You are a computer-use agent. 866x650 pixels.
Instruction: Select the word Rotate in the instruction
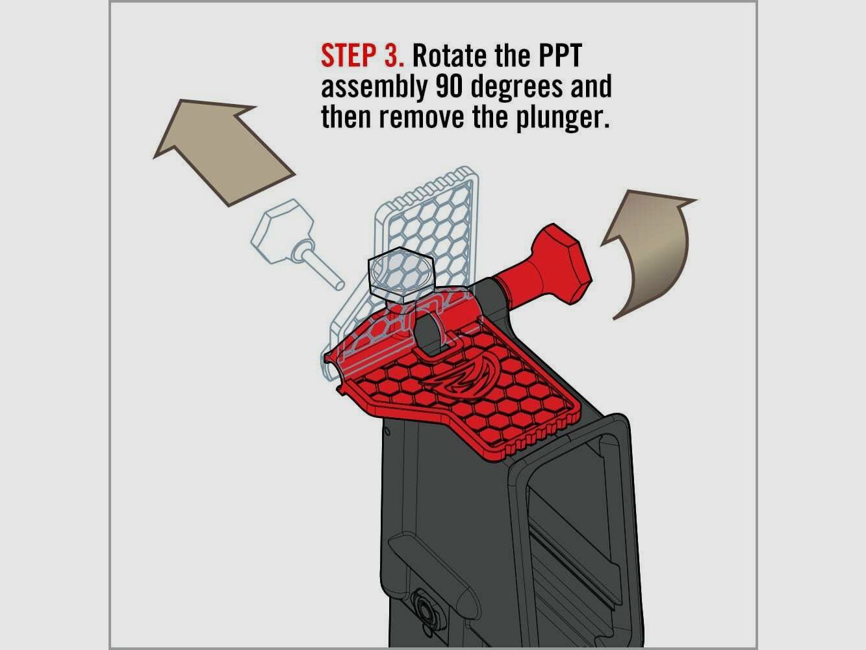450,57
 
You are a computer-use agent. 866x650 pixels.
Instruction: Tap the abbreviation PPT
559,57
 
